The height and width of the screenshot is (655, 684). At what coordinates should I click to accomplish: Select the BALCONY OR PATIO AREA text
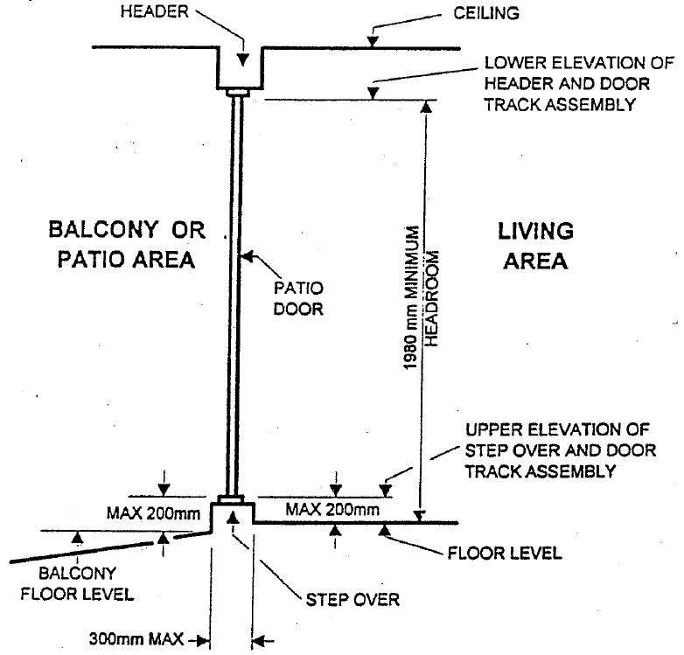[x=127, y=245]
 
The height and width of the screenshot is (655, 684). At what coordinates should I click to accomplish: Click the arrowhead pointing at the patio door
[x=248, y=256]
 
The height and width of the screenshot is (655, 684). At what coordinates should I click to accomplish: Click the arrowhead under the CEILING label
[x=373, y=41]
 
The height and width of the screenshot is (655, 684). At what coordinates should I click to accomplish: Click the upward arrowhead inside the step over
[x=233, y=517]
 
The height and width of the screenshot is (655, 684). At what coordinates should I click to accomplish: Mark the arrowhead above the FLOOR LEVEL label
[x=384, y=528]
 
